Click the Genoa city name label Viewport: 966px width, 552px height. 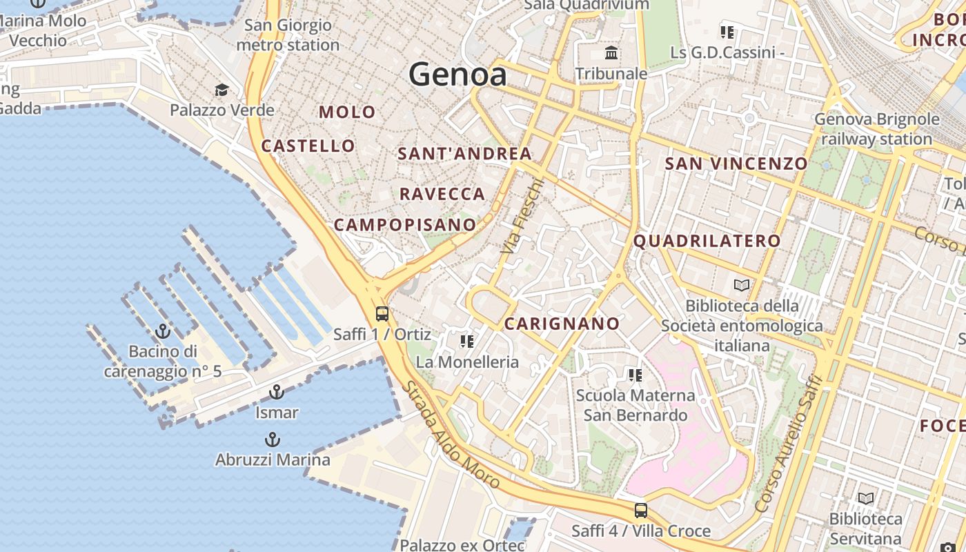(x=457, y=74)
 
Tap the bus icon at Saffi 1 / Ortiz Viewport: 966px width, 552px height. (x=382, y=314)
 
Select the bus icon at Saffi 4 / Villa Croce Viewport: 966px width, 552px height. (x=641, y=511)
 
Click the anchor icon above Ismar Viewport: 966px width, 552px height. (x=276, y=393)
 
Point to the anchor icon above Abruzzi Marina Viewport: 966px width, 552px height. (x=273, y=440)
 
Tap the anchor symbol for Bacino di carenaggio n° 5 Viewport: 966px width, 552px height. (x=163, y=331)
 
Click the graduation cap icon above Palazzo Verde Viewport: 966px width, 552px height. (x=221, y=90)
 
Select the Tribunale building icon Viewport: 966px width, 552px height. (x=611, y=53)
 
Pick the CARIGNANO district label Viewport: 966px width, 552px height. (x=562, y=324)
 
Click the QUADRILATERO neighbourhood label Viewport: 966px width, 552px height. (x=707, y=241)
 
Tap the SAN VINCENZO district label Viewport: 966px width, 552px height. (x=736, y=164)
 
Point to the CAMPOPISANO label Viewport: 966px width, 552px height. (x=405, y=224)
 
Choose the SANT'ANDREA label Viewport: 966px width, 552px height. (x=464, y=154)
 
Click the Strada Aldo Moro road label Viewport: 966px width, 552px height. (x=451, y=435)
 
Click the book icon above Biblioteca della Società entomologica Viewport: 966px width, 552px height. (x=742, y=285)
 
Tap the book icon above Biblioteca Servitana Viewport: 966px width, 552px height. (x=865, y=498)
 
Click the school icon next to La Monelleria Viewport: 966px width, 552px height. (x=467, y=341)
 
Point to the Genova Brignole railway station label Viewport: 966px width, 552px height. (x=876, y=129)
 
